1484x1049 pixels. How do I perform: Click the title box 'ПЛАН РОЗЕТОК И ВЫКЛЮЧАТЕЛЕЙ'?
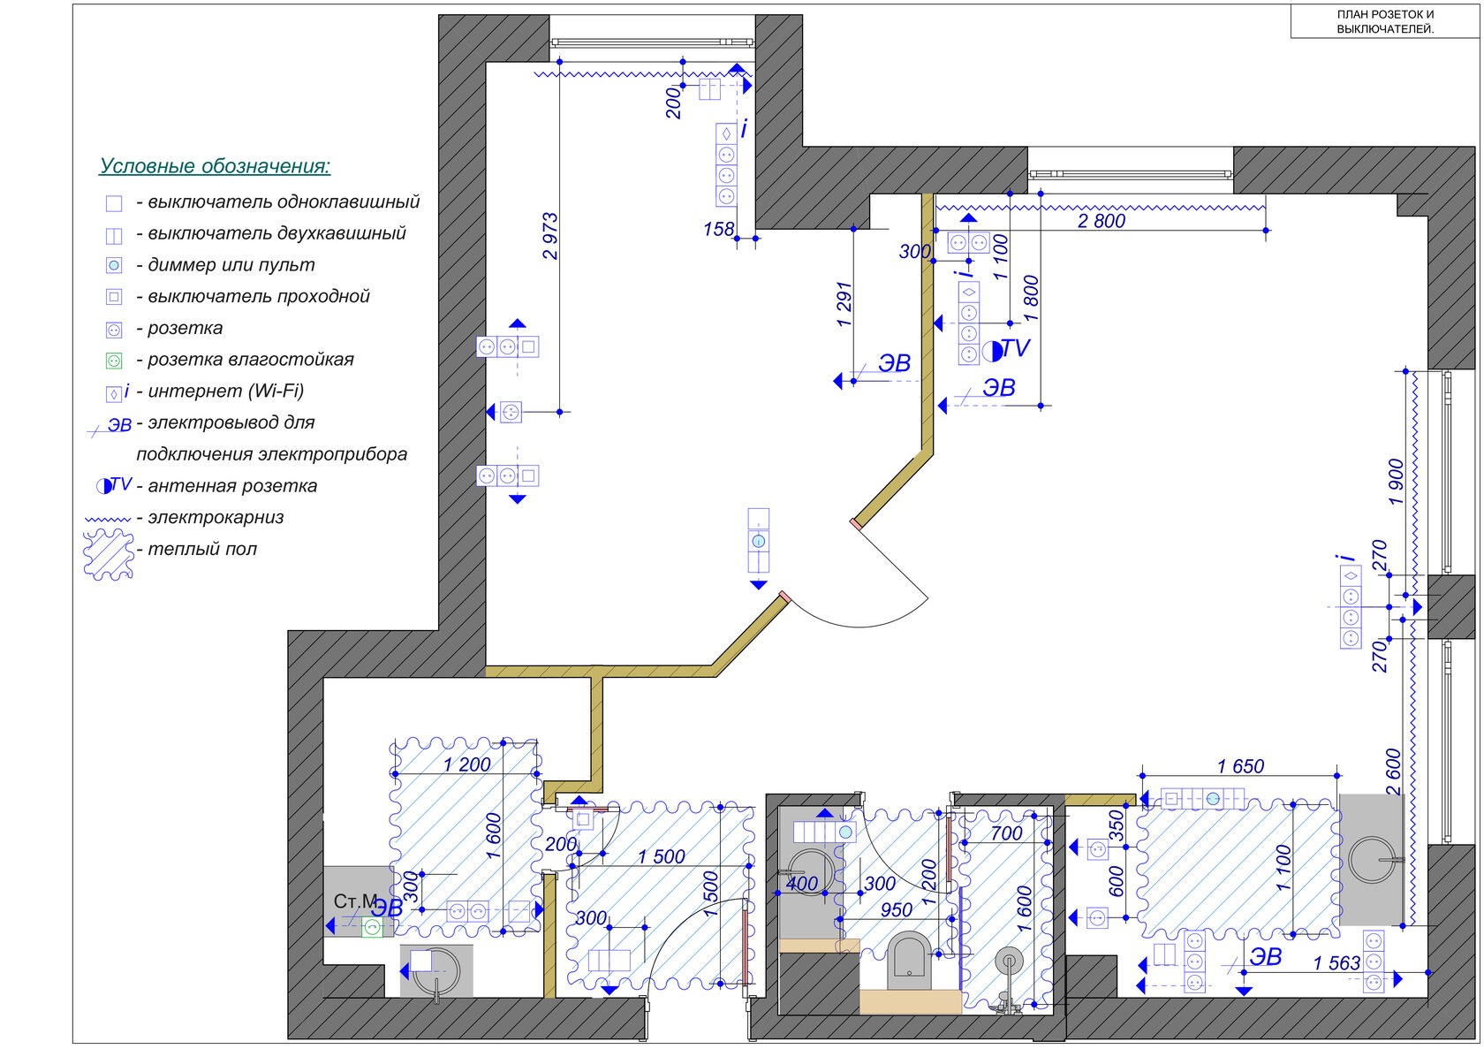(x=1385, y=21)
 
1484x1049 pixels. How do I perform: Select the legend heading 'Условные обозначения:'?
(x=215, y=165)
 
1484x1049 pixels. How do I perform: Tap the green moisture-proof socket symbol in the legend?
(x=114, y=361)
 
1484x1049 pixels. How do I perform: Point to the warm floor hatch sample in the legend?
(x=109, y=555)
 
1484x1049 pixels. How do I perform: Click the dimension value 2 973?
(x=549, y=236)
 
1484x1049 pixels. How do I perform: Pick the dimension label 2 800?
(x=1101, y=221)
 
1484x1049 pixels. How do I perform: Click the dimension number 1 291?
(x=844, y=304)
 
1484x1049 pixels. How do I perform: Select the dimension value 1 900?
(x=1396, y=482)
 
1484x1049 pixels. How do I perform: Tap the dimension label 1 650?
(x=1240, y=766)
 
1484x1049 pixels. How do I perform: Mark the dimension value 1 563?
(x=1336, y=963)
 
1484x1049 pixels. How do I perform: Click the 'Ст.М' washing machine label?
(x=355, y=901)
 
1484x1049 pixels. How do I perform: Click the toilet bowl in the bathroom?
(x=909, y=953)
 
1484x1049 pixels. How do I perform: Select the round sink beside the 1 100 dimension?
(x=1372, y=860)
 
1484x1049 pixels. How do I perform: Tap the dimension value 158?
(x=718, y=229)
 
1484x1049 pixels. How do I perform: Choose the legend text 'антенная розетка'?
(x=232, y=486)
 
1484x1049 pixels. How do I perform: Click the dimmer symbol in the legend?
(x=114, y=266)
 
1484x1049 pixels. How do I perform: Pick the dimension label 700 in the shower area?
(x=1005, y=833)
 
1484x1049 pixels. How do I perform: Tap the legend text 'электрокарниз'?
(x=216, y=518)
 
